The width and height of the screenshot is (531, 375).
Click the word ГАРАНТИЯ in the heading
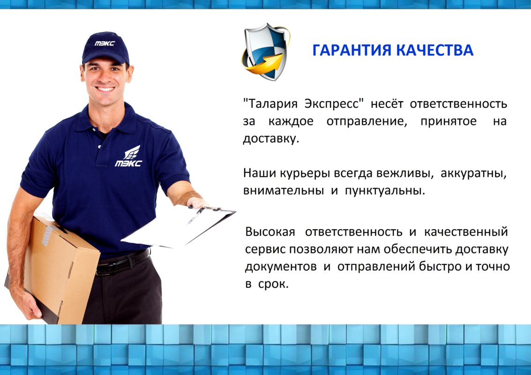point(352,50)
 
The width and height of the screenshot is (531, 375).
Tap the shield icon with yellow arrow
point(266,52)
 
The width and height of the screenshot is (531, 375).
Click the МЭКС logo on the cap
point(105,44)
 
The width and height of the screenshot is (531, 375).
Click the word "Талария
point(270,103)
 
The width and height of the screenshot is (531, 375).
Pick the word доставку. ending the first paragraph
point(271,139)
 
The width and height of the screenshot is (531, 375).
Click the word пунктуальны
point(385,191)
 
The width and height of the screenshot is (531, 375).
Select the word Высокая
point(270,232)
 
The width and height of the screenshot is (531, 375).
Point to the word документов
point(281,267)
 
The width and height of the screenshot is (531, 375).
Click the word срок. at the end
point(273,284)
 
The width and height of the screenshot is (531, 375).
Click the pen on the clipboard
point(195,216)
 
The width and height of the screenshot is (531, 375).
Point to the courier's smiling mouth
point(105,89)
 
